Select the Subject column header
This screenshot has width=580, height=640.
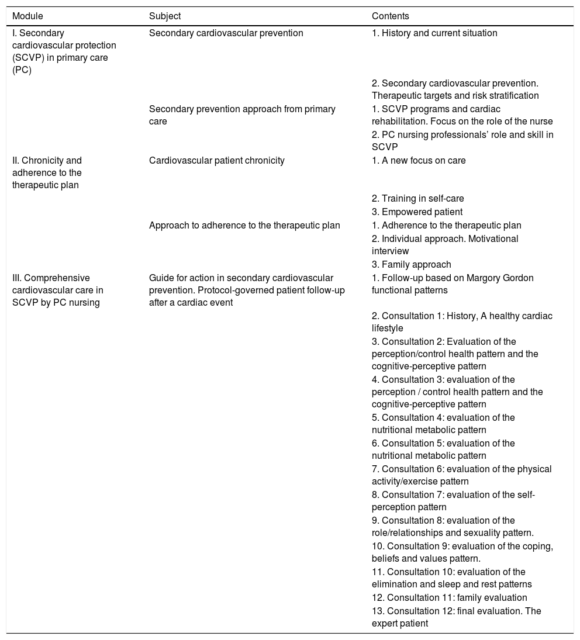165,16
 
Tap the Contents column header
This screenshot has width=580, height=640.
391,16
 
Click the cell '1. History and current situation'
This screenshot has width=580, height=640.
434,33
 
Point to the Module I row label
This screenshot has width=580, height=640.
64,51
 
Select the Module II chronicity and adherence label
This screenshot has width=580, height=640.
47,173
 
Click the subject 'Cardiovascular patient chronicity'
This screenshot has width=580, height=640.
217,161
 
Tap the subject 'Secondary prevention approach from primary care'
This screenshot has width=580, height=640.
242,115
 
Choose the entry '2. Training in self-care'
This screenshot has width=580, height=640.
418,199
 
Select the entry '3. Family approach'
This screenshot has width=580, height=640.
411,264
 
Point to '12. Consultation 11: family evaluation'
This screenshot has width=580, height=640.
449,598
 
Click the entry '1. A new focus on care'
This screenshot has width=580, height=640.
419,161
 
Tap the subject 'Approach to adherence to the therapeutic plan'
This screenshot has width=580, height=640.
244,225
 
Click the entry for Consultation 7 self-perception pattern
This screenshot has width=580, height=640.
453,501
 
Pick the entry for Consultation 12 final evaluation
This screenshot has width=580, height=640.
456,617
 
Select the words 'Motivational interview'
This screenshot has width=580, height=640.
444,245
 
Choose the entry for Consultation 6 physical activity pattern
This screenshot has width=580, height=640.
461,475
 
